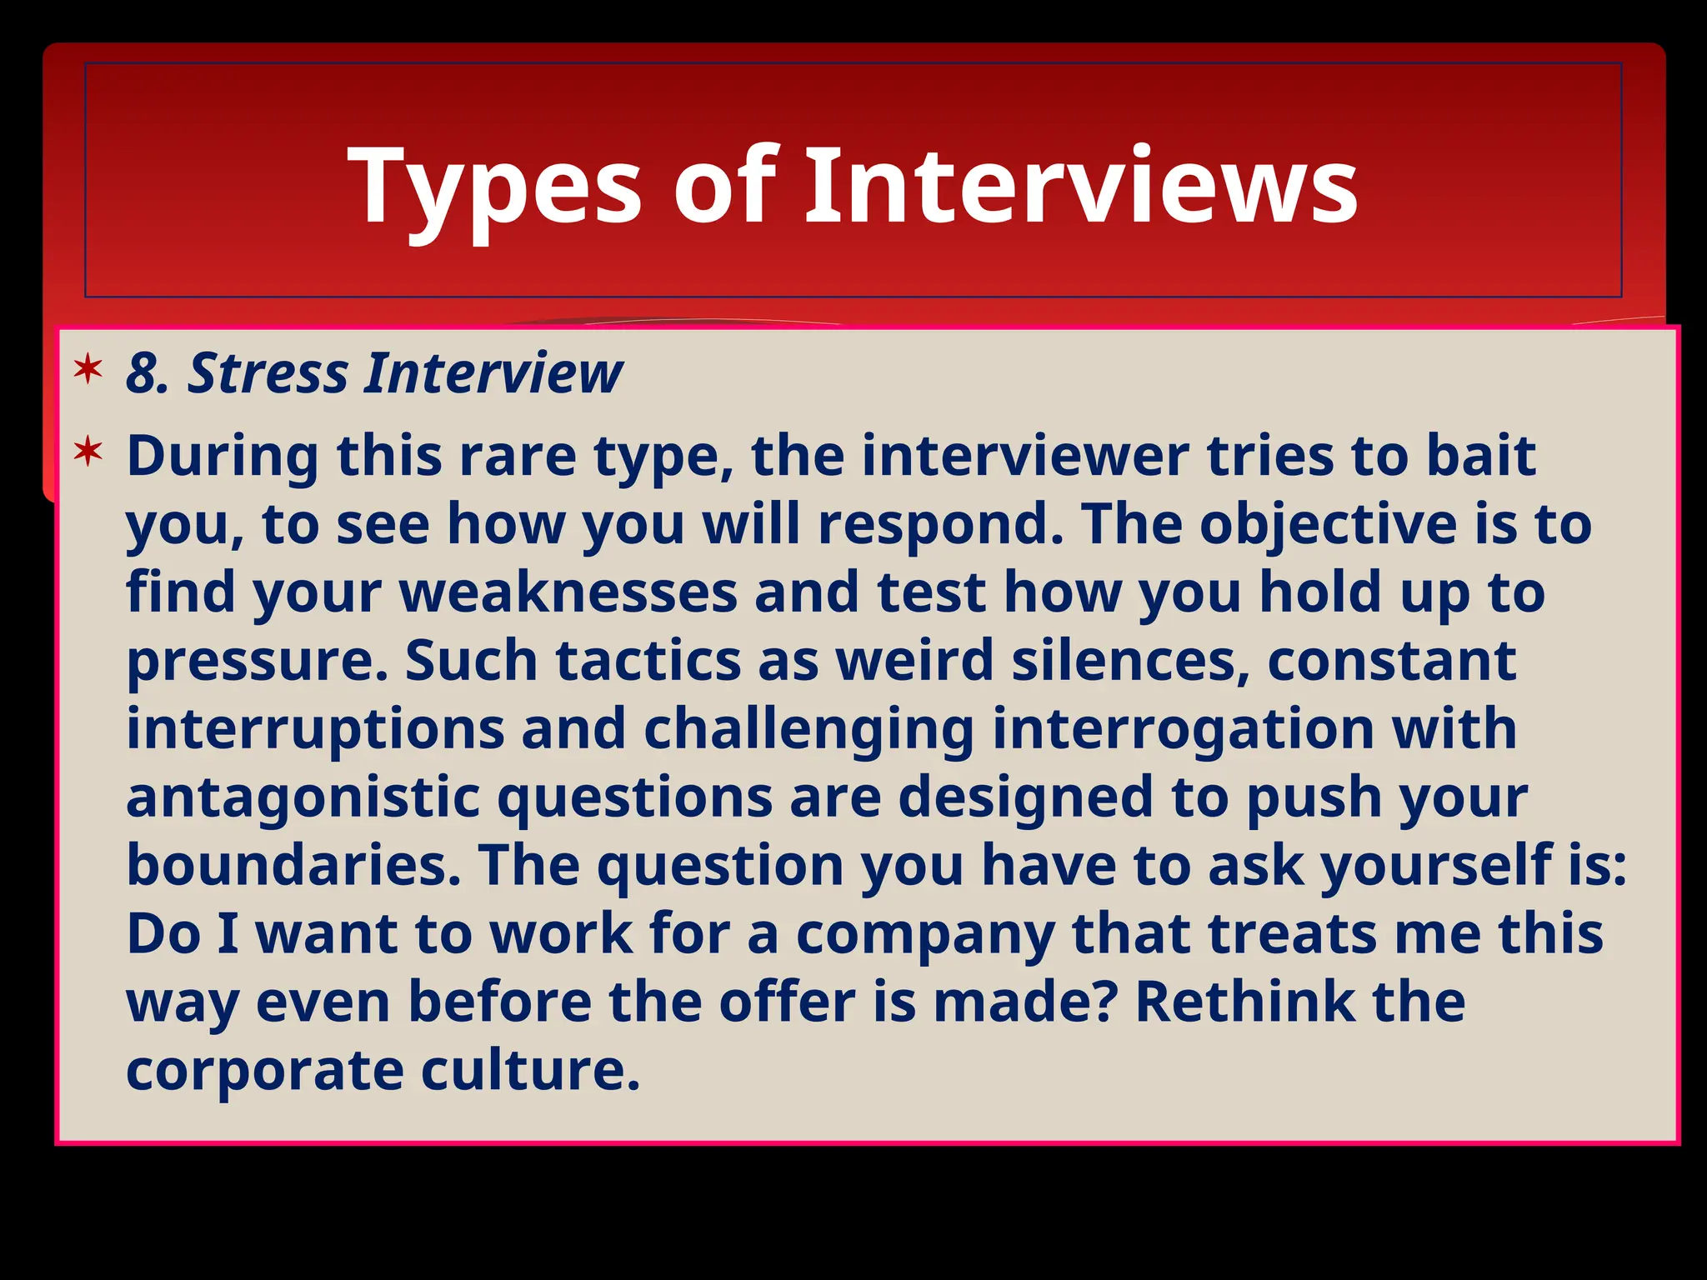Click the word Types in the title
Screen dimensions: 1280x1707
click(x=496, y=187)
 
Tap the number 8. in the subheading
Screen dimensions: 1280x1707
click(x=148, y=373)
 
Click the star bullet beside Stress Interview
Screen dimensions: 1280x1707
click(x=88, y=368)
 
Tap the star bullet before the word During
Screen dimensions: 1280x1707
click(x=88, y=452)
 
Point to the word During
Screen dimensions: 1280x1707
click(x=223, y=457)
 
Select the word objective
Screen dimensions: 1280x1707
click(x=1329, y=525)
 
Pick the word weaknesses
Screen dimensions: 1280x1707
click(x=569, y=592)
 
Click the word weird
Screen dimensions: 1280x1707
click(x=914, y=661)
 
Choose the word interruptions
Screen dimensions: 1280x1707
click(x=315, y=729)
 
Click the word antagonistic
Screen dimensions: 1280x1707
click(x=303, y=797)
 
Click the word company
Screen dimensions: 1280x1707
click(x=925, y=935)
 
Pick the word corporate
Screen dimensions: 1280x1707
click(x=264, y=1070)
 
